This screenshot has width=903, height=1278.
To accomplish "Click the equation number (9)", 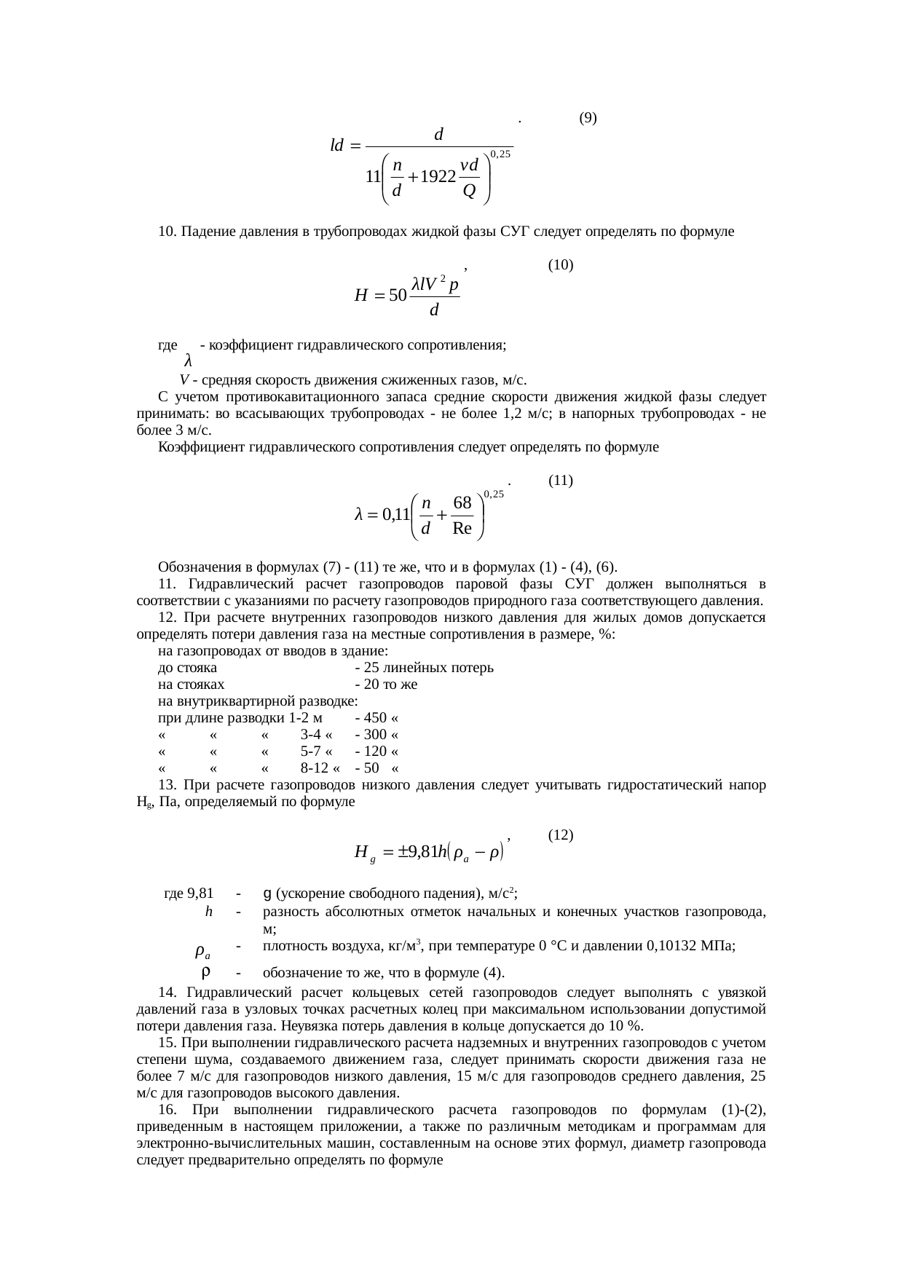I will click(588, 117).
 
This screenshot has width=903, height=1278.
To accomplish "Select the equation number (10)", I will click(561, 265).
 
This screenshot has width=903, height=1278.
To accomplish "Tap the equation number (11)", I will click(561, 481).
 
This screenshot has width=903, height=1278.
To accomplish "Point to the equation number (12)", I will click(561, 836).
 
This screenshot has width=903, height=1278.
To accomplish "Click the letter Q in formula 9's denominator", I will click(470, 191).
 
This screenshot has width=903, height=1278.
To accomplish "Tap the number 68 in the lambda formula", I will click(462, 503).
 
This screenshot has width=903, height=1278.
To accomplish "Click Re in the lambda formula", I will click(462, 528).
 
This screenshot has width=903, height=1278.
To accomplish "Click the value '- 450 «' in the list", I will click(376, 719).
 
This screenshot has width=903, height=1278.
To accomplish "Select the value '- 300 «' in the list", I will click(376, 735).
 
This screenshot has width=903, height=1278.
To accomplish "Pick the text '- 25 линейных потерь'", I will click(423, 668).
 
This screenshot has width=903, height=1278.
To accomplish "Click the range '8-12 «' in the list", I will click(320, 769).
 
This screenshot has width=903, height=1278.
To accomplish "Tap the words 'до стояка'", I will click(187, 668).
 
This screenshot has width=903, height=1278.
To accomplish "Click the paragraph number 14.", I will click(165, 993).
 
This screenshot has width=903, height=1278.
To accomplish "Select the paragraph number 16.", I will click(165, 1110).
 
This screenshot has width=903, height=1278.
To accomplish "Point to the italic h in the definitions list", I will click(209, 912).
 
